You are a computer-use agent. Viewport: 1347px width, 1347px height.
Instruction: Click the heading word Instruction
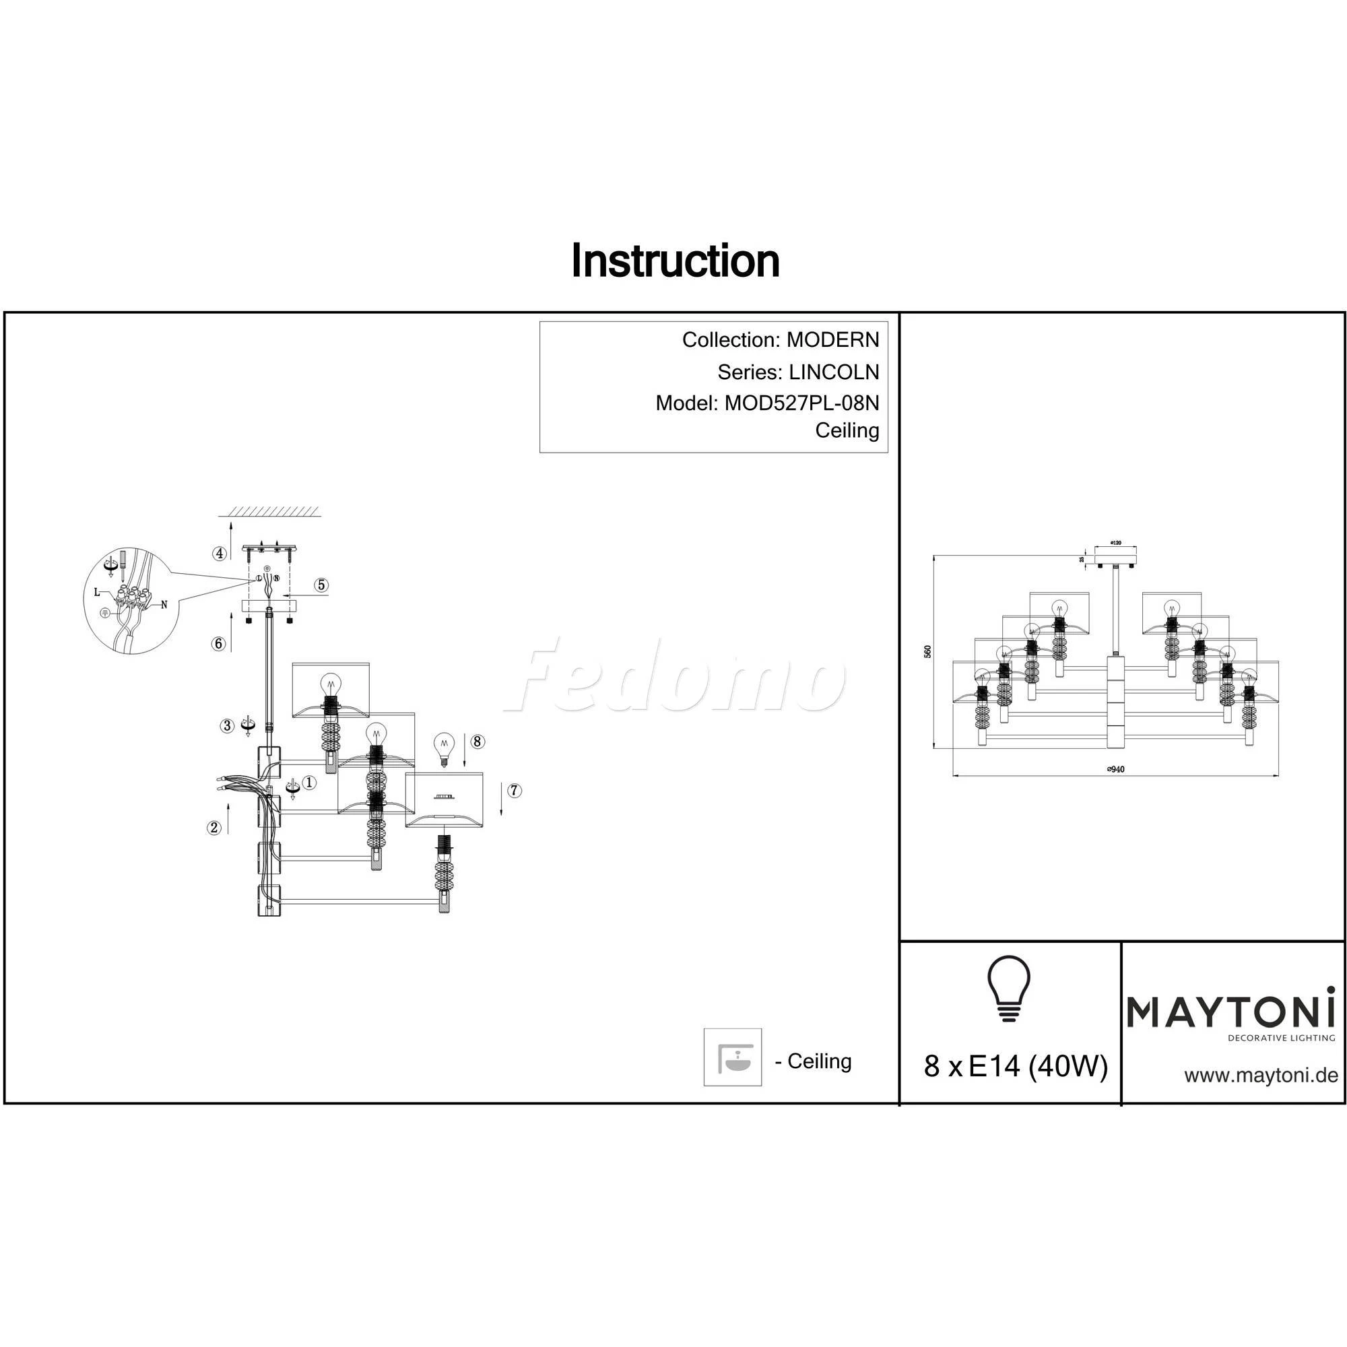tap(675, 261)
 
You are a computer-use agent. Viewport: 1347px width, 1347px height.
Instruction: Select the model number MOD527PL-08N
tap(801, 403)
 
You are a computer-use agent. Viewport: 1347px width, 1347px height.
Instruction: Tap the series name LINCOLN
tap(834, 372)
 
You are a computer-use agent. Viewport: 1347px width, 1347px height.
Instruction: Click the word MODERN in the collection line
tap(832, 340)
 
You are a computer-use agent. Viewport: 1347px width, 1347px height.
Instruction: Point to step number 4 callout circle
tap(220, 554)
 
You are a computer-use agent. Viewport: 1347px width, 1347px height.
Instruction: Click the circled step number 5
tap(321, 585)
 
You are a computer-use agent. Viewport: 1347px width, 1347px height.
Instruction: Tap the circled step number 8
tap(477, 741)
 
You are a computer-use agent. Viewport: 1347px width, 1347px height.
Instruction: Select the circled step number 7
tap(514, 791)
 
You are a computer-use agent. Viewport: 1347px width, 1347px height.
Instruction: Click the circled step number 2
tap(214, 828)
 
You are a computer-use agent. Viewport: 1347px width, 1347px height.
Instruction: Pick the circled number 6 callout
tap(219, 643)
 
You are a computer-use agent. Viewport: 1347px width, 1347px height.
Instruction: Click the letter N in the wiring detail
tap(164, 605)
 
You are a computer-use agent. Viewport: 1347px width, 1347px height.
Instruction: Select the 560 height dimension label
tap(927, 651)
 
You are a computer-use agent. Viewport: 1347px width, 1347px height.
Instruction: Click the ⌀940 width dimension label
tap(1115, 770)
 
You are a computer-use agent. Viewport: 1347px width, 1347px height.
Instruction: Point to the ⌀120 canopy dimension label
tap(1115, 542)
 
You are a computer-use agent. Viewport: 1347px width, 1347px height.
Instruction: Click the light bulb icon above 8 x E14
tap(1009, 988)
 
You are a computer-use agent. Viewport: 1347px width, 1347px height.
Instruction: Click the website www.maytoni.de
tap(1261, 1075)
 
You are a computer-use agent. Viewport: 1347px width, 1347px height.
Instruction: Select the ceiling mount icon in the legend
tap(732, 1057)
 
